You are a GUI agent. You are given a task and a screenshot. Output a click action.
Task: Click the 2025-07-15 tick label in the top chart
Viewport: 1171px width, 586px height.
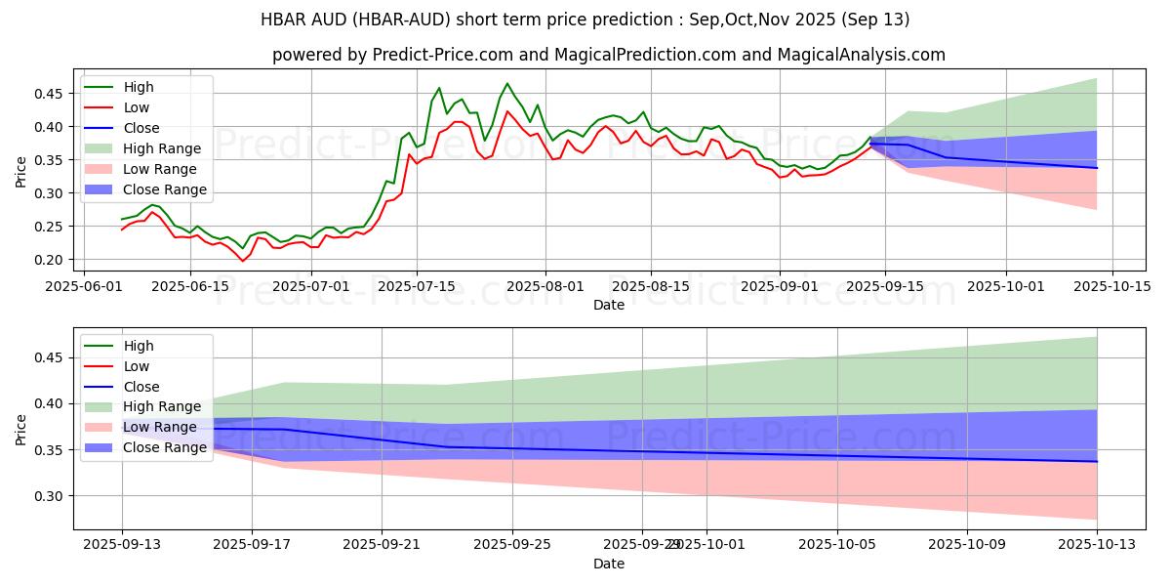[416, 286]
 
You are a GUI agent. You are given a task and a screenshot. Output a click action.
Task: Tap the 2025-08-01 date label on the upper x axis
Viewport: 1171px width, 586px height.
[545, 286]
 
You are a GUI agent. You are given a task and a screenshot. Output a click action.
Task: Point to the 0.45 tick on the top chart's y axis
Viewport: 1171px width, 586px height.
[50, 94]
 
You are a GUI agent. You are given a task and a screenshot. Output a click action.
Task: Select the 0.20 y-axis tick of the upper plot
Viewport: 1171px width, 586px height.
[50, 260]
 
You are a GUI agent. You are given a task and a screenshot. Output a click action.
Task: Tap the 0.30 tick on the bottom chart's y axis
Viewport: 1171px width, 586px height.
[50, 496]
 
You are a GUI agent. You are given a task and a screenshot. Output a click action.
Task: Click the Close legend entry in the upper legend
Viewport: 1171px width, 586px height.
[141, 128]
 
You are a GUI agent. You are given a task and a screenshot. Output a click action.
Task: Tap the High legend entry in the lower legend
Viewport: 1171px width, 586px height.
[139, 346]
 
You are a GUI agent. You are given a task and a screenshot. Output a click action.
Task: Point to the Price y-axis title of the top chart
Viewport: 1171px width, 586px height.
[21, 170]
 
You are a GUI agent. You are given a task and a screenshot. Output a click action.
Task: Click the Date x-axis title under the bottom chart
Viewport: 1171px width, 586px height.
[609, 565]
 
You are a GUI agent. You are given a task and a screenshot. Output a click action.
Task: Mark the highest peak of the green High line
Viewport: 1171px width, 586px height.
[506, 84]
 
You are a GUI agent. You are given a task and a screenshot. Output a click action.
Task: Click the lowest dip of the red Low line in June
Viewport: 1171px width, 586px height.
[243, 261]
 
